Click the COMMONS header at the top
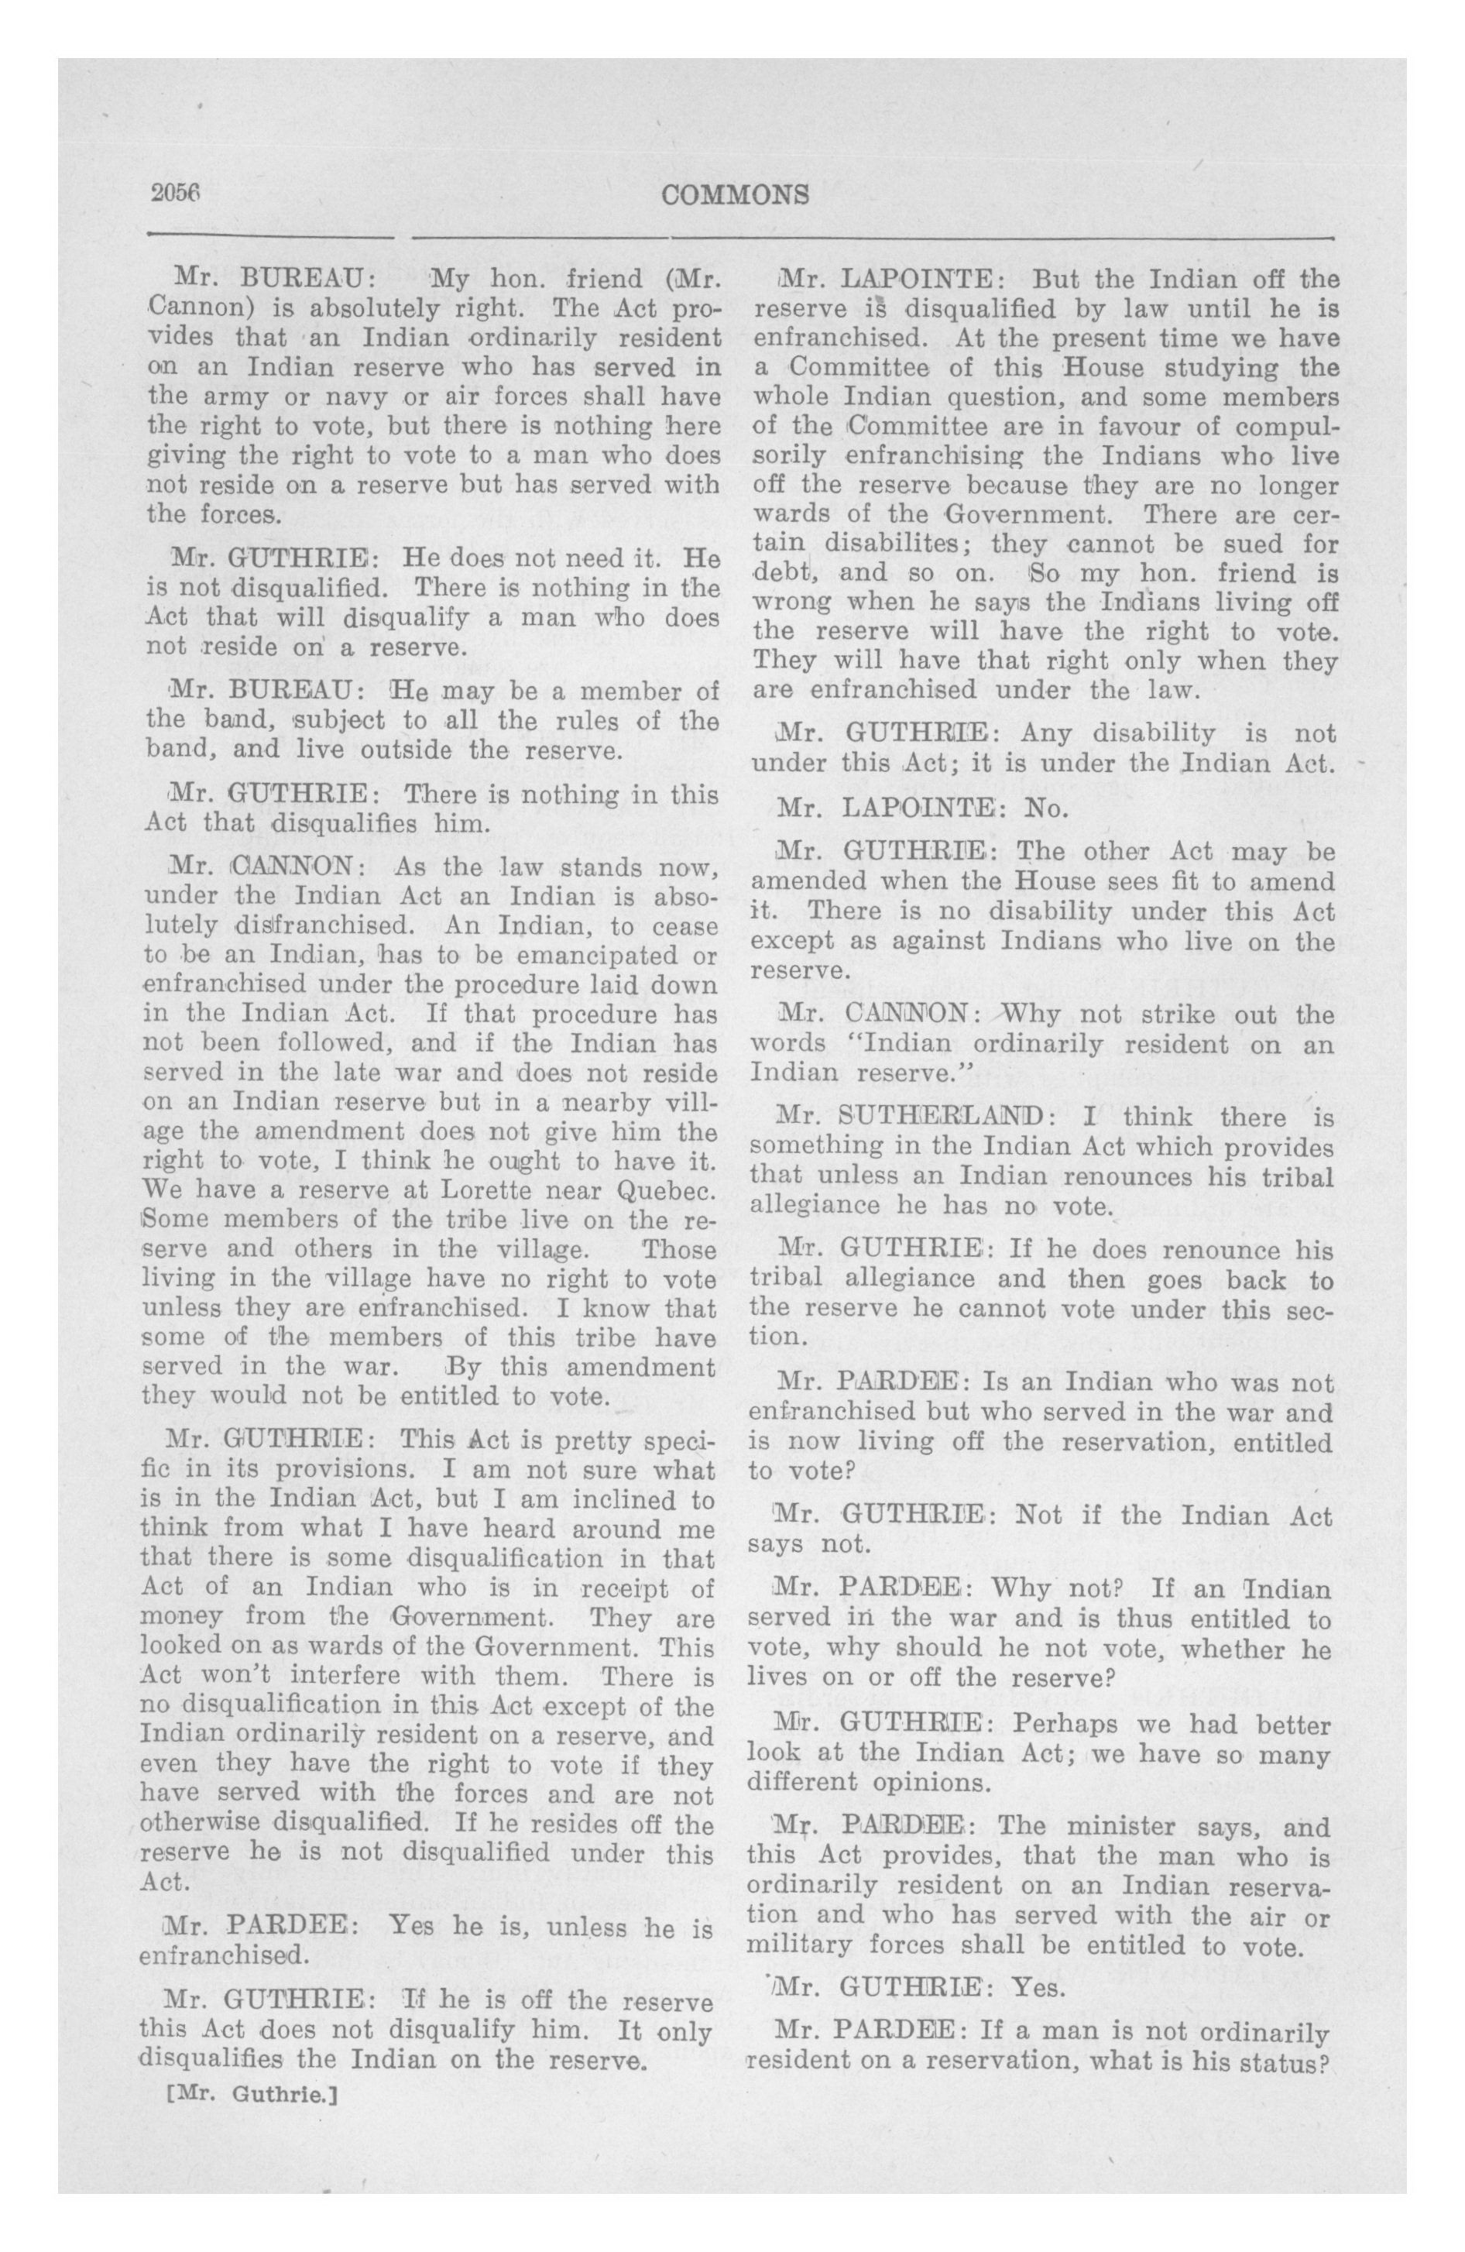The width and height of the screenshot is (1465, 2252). [736, 195]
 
